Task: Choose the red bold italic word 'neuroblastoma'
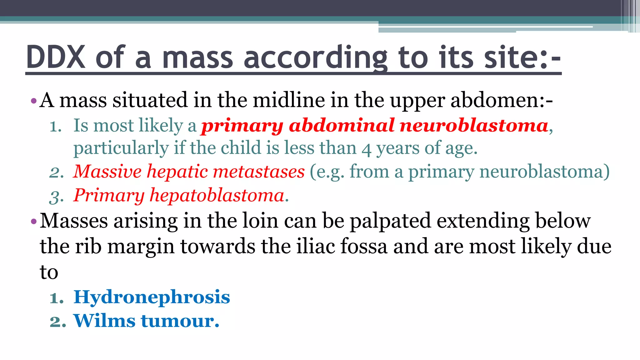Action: (x=474, y=125)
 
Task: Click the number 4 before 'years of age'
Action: (x=366, y=149)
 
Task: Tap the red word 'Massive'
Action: (x=107, y=172)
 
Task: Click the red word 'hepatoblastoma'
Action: (x=217, y=195)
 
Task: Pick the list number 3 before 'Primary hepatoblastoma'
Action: (x=57, y=197)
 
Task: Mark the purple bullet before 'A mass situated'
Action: (x=34, y=101)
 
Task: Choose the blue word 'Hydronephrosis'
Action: (x=152, y=297)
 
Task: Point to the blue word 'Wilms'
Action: (x=104, y=321)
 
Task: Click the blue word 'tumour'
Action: (x=178, y=321)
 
